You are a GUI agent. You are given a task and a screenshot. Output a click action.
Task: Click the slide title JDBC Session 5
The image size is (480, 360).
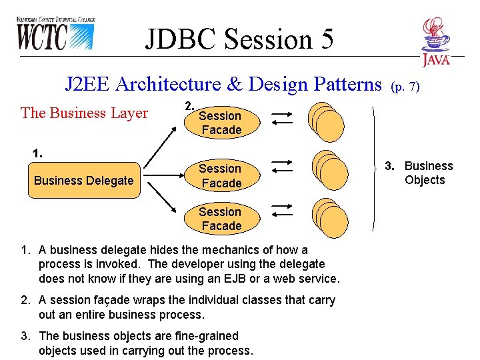(x=239, y=39)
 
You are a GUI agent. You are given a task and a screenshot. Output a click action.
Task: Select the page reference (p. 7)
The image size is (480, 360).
(x=405, y=86)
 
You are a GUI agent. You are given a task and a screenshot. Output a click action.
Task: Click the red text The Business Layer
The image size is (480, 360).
(x=84, y=113)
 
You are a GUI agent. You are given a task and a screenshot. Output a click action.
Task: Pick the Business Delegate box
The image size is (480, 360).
(x=84, y=181)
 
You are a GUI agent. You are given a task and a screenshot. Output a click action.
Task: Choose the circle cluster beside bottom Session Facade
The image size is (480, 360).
(x=331, y=216)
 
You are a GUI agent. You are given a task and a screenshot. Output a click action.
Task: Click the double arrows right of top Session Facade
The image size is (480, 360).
(x=282, y=118)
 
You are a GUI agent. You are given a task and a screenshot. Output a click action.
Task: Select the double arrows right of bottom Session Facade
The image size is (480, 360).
(x=282, y=211)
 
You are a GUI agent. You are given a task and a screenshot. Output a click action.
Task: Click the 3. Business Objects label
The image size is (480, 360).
(x=418, y=173)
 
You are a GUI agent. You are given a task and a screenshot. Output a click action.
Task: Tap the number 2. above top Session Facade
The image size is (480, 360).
(x=189, y=105)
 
